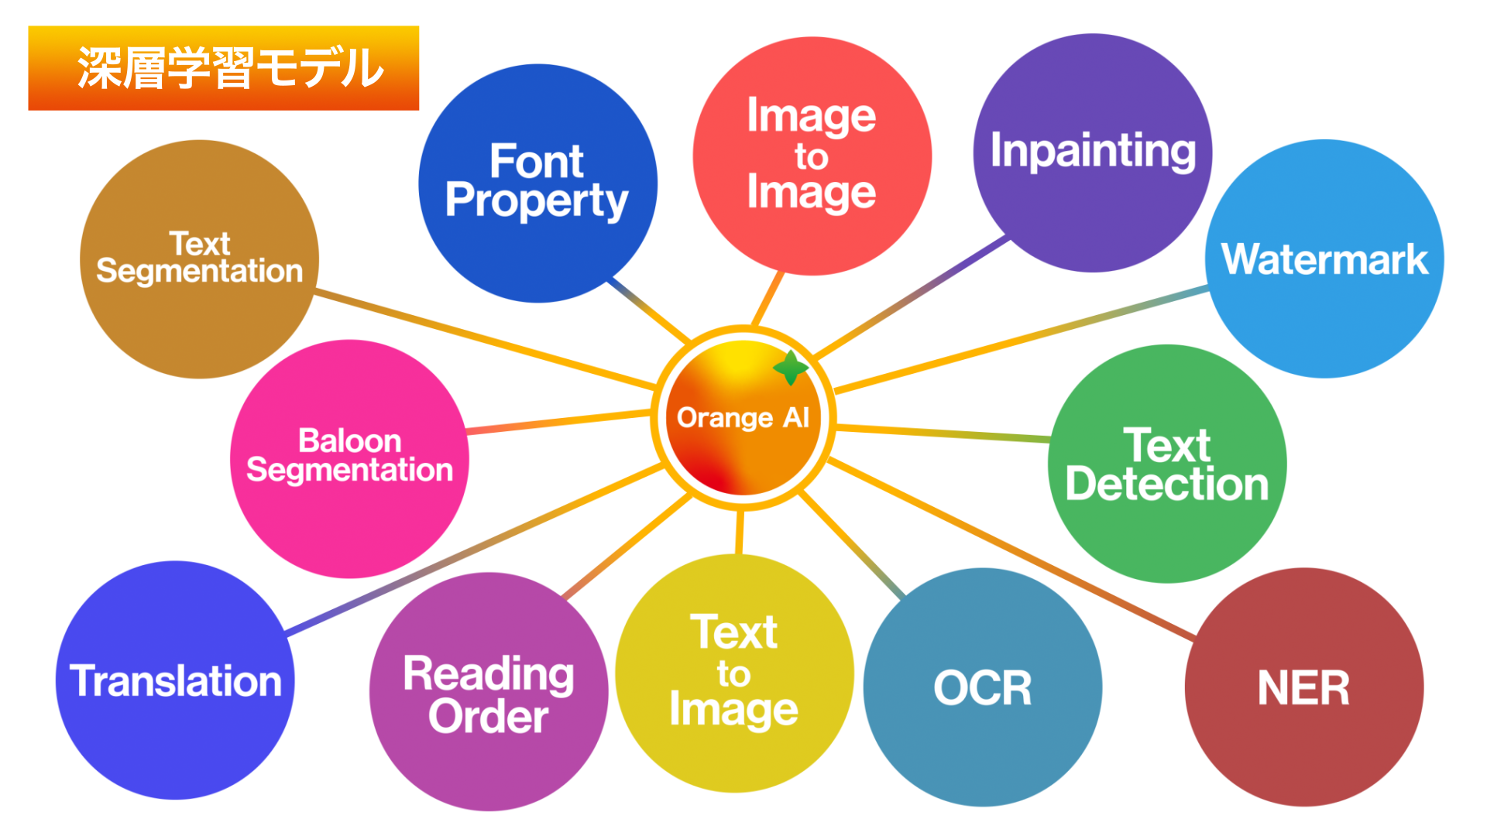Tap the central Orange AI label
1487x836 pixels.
tap(743, 418)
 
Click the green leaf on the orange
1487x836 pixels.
tap(791, 368)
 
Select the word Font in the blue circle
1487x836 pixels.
tap(537, 162)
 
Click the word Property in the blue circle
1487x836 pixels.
tap(537, 201)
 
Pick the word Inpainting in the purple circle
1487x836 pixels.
tap(1093, 150)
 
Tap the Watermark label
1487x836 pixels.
tap(1324, 259)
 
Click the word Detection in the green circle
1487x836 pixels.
tap(1167, 485)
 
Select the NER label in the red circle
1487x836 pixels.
tap(1303, 688)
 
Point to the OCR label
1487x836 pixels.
tap(983, 688)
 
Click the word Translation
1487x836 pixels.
tap(176, 681)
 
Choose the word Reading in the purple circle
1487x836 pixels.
tap(489, 673)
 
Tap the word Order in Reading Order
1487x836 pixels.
tap(489, 716)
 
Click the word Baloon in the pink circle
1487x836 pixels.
tap(350, 441)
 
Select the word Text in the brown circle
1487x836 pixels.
tap(200, 244)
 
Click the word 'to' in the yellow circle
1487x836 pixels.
tap(733, 674)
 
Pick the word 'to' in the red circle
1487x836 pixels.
tap(812, 157)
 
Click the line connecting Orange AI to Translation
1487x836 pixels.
tap(472, 550)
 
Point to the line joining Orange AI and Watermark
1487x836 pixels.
tap(1022, 339)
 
